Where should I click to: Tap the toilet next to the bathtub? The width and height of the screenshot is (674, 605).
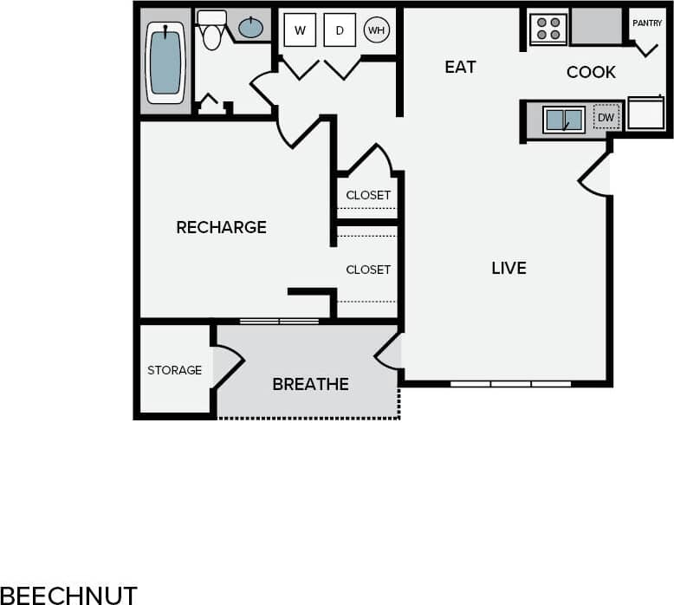(x=211, y=31)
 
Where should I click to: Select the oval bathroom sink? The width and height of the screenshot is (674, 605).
(x=251, y=28)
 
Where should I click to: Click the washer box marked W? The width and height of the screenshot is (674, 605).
(x=300, y=31)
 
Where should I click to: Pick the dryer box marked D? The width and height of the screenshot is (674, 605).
(x=340, y=31)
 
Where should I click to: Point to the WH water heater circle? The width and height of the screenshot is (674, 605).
(x=376, y=30)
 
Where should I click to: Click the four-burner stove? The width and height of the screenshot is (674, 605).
(x=548, y=29)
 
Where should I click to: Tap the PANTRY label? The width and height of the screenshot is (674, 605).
(x=646, y=23)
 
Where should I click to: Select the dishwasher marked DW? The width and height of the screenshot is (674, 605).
(x=606, y=117)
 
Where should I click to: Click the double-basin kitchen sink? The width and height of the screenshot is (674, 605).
(x=563, y=120)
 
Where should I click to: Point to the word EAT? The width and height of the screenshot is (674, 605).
(x=460, y=67)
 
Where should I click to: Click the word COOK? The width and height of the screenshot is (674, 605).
(x=591, y=72)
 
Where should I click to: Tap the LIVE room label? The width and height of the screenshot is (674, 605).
(x=509, y=268)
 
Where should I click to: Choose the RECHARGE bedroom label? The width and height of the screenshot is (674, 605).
(x=221, y=227)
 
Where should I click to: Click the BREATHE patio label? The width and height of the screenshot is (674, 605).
(x=310, y=384)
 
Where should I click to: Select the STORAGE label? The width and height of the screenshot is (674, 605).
(x=174, y=370)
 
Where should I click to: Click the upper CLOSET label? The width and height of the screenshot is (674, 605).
(x=368, y=195)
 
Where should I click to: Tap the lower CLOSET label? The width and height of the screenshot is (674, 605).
(x=368, y=270)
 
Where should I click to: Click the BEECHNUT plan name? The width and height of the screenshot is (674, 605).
(x=68, y=595)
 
